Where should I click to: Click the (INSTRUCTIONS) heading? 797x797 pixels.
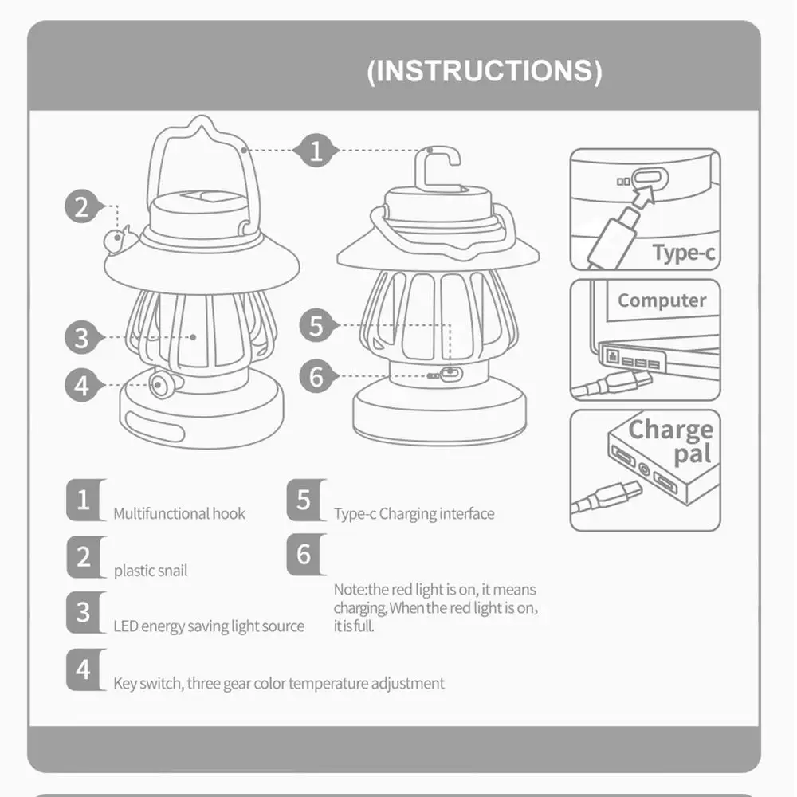484,71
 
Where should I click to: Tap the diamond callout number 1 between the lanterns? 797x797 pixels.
316,150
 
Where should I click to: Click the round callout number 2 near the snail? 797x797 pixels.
82,207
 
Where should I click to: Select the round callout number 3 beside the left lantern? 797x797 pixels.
82,337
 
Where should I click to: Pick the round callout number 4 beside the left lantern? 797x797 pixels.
82,386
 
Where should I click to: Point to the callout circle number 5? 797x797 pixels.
317,325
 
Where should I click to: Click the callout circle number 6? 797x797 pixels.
317,375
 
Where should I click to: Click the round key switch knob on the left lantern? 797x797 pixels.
164,385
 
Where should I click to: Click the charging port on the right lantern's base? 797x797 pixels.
452,372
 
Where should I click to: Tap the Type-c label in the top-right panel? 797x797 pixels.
683,253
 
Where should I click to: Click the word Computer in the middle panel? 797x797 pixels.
662,300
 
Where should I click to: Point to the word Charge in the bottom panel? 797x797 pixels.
670,430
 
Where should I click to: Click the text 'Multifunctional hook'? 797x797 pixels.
179,514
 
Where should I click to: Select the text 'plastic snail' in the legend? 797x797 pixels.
151,571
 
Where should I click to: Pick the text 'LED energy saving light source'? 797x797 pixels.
209,626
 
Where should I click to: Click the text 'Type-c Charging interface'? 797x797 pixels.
414,514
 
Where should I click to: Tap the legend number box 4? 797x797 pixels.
84,670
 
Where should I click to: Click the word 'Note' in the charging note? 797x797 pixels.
348,590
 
